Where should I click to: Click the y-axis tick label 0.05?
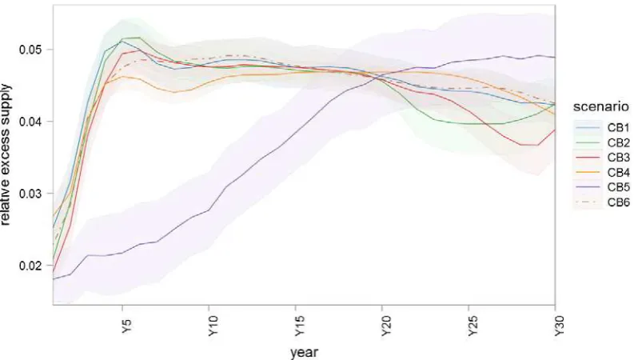[30, 50]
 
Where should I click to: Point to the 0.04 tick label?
[30, 122]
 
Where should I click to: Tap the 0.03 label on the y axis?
[30, 194]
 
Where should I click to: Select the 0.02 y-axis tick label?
[30, 266]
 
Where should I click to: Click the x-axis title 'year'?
[304, 352]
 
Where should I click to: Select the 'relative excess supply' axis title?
[6, 154]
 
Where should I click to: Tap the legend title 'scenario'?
[601, 106]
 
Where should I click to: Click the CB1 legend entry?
[602, 128]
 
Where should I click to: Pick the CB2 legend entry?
[602, 142]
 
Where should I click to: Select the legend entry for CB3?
[602, 158]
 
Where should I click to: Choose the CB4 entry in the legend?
[602, 173]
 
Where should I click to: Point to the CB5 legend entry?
[602, 188]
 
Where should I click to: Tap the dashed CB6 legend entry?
[602, 202]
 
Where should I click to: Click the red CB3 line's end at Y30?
[555, 130]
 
